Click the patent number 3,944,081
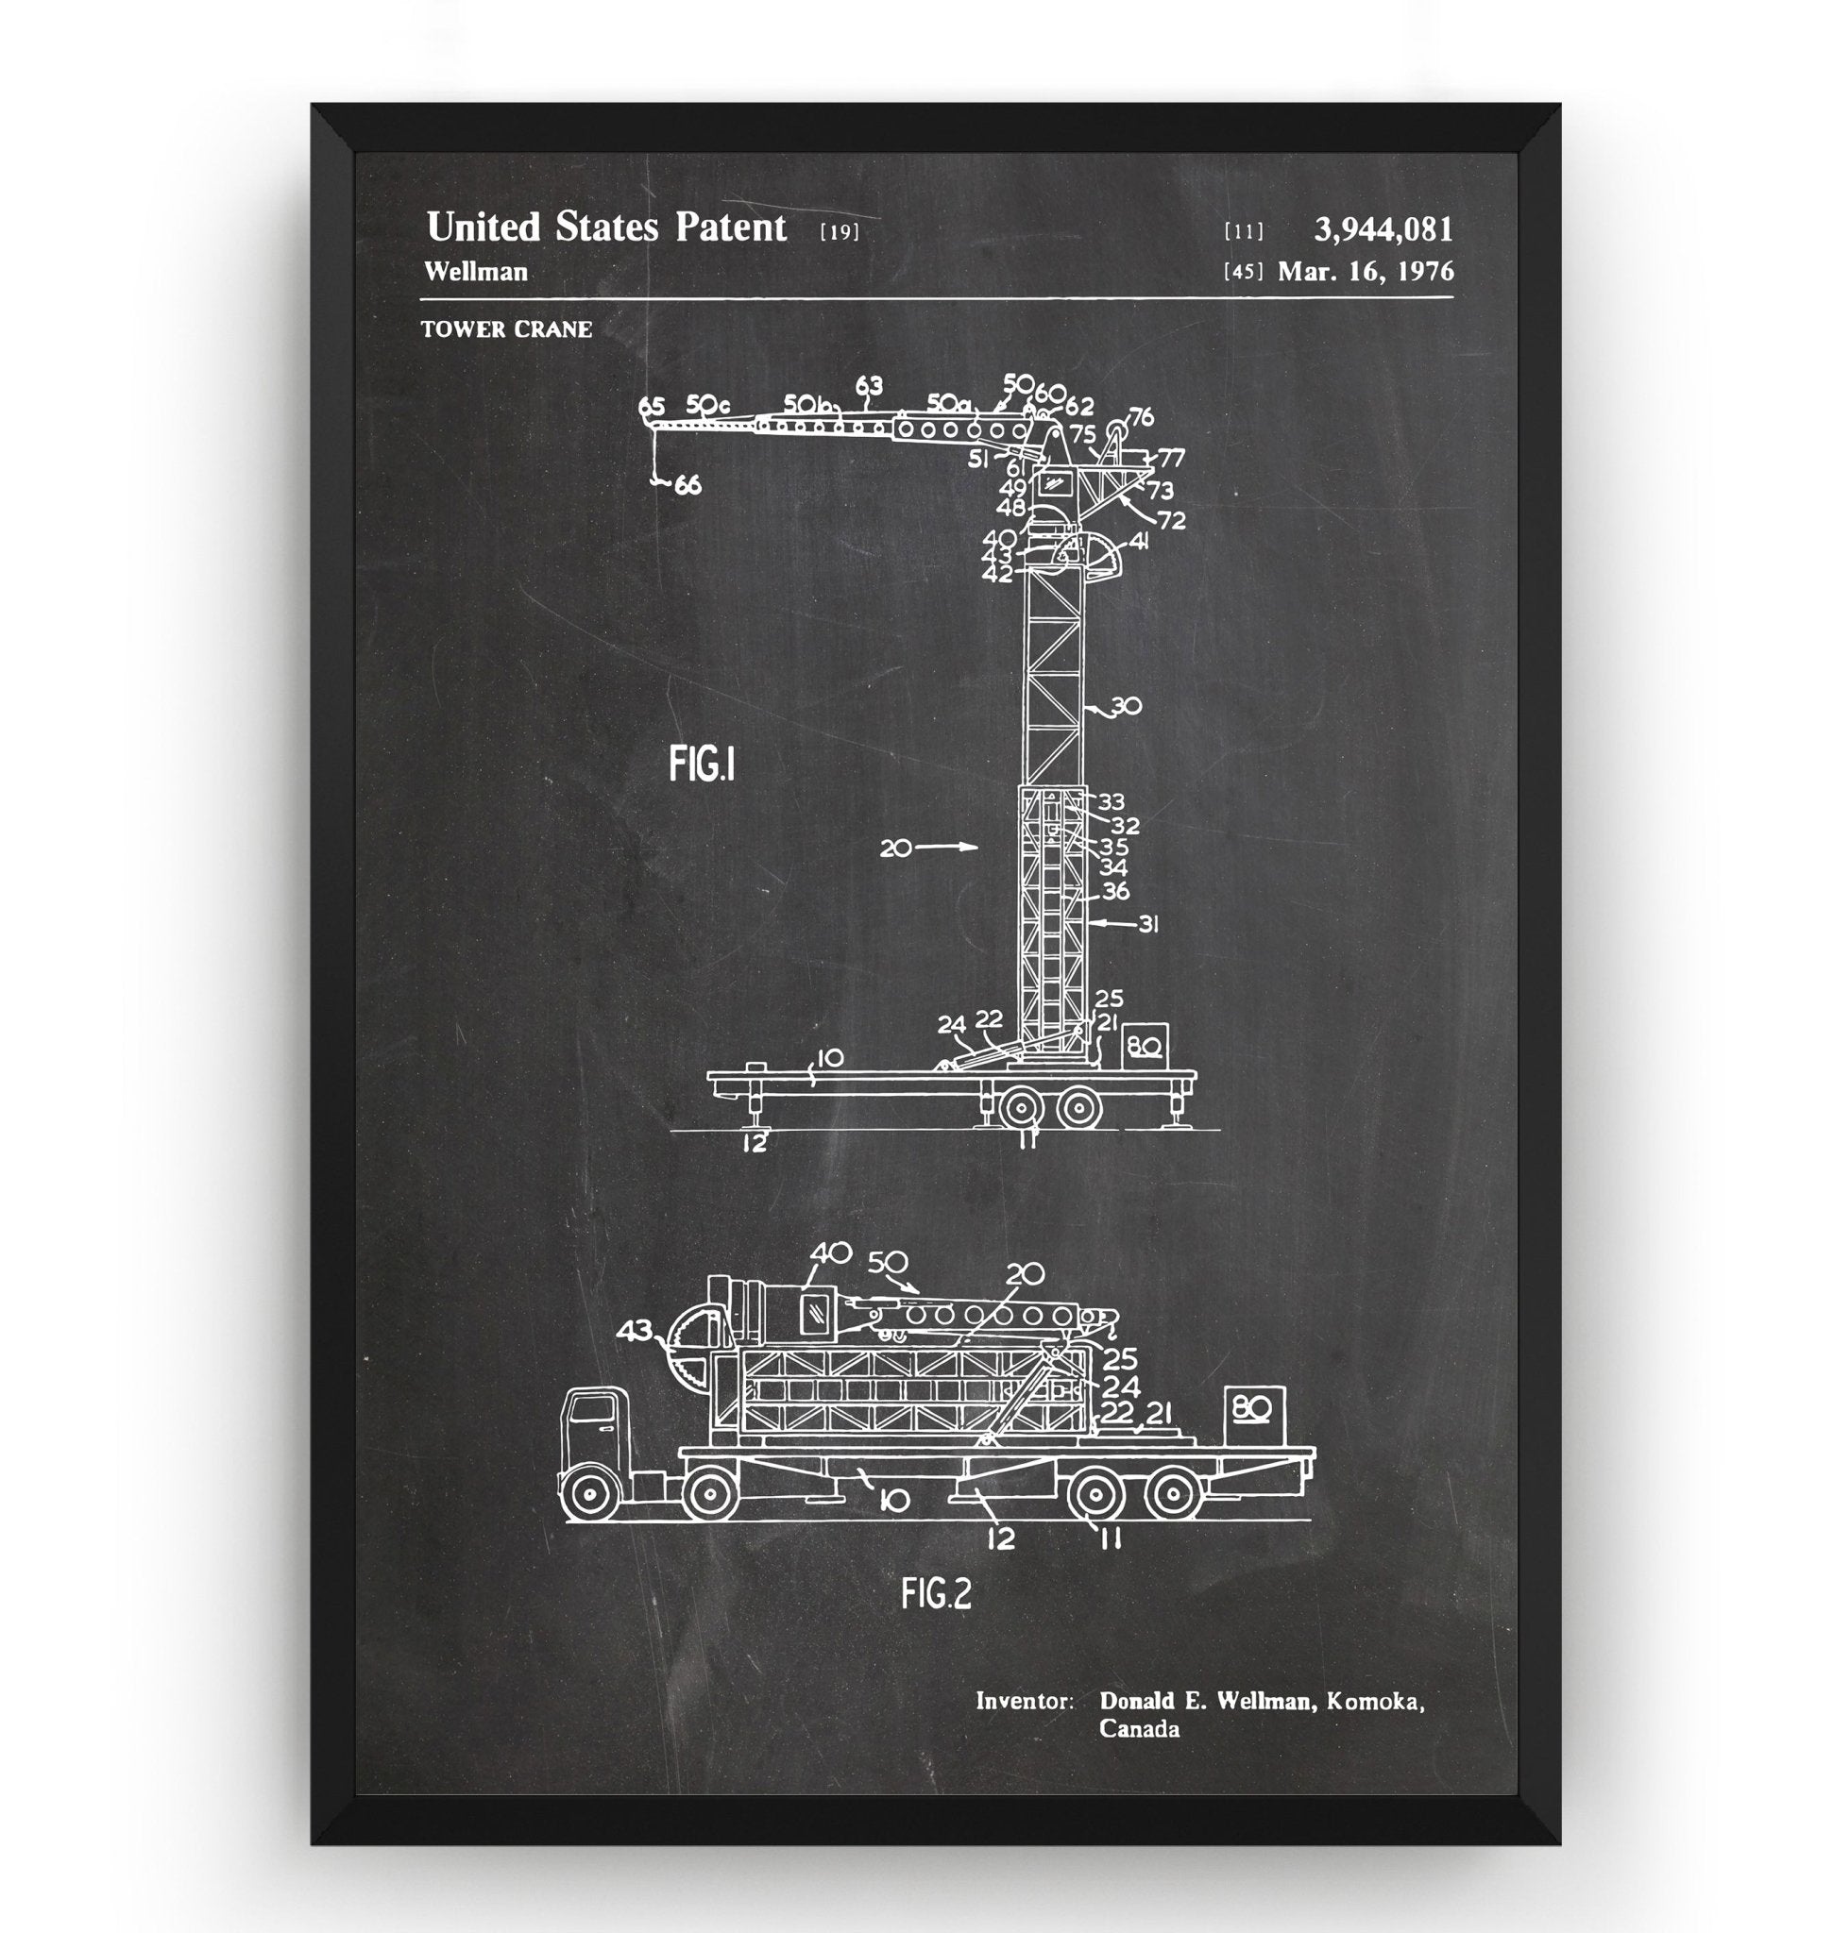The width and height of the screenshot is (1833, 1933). (x=1383, y=230)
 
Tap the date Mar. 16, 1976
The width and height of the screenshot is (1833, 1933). (x=1365, y=272)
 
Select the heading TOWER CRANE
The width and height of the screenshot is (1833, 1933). (x=506, y=329)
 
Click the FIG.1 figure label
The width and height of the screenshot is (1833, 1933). (x=702, y=764)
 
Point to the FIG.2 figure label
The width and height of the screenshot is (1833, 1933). (x=936, y=1594)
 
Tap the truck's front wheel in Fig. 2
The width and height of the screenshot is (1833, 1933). (x=589, y=1496)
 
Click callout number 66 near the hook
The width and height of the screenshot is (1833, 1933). (x=687, y=484)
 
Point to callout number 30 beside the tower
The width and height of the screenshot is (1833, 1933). (x=1126, y=705)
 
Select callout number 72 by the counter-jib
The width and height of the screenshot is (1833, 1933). (x=1171, y=521)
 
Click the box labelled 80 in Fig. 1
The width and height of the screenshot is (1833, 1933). (x=1144, y=1046)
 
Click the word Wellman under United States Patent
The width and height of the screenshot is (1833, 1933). (x=476, y=273)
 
